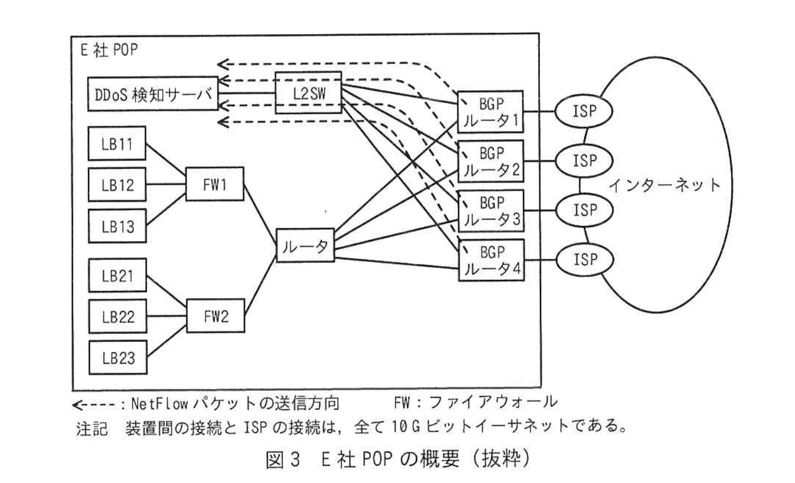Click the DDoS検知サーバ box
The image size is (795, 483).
point(153,94)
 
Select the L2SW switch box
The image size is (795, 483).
point(308,93)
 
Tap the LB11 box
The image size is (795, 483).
point(117,143)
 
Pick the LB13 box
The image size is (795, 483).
point(117,226)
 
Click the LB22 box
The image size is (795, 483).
point(118,316)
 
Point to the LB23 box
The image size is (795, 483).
point(118,357)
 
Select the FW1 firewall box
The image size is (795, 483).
point(214,184)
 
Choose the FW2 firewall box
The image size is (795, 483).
point(215,315)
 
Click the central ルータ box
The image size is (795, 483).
point(305,245)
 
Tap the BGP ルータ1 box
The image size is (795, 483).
point(490,112)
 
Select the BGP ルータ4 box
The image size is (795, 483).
point(491,260)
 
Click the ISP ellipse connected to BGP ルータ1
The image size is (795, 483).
point(584,111)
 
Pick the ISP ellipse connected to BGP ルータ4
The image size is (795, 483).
point(584,259)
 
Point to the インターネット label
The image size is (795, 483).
point(665,185)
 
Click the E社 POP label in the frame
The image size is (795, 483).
point(109,50)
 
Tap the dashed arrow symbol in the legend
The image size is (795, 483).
point(94,405)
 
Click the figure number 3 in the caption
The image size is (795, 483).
point(294,459)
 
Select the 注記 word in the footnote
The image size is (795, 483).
point(92,428)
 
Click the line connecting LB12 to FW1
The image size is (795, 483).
point(166,185)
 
